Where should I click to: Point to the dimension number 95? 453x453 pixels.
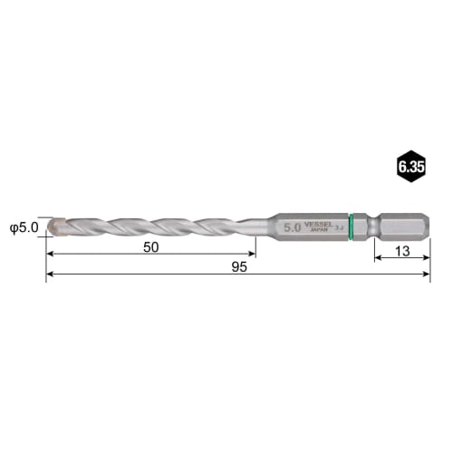pos(238,266)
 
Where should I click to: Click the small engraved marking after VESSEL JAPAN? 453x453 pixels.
pos(341,230)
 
